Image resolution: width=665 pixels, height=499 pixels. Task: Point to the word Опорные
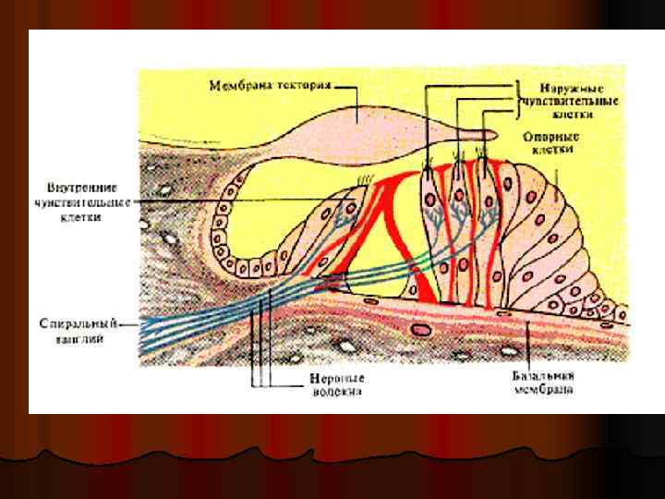pyautogui.click(x=550, y=134)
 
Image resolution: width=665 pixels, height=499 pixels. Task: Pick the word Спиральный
pyautogui.click(x=78, y=325)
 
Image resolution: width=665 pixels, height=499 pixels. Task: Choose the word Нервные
pyautogui.click(x=336, y=379)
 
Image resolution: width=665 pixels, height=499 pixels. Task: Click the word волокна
pyautogui.click(x=336, y=392)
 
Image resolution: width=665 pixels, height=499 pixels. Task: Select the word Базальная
pyautogui.click(x=543, y=377)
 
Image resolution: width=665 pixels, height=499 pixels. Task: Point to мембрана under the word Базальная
pyautogui.click(x=543, y=390)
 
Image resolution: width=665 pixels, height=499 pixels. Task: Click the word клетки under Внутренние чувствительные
pyautogui.click(x=80, y=217)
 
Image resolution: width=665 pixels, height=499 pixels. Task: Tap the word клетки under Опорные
pyautogui.click(x=551, y=148)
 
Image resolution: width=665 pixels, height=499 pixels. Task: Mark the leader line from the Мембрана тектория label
pyautogui.click(x=346, y=88)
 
